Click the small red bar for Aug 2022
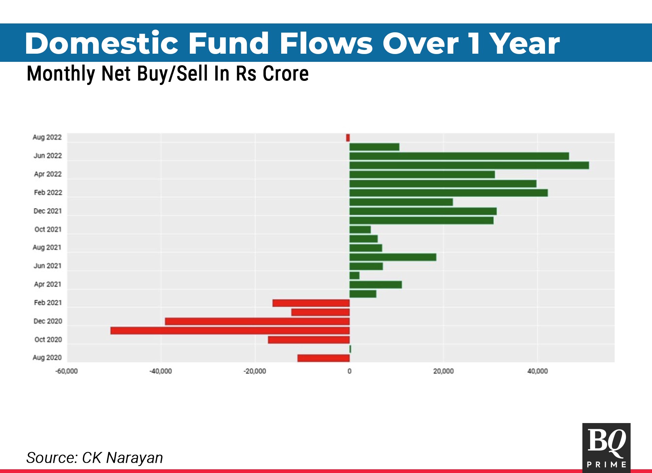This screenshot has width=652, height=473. click(348, 138)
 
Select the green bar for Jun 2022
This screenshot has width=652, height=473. click(459, 156)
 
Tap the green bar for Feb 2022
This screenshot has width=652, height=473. click(449, 193)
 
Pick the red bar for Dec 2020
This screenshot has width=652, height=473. click(257, 321)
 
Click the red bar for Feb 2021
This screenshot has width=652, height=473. click(311, 303)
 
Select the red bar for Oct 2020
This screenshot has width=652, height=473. click(309, 340)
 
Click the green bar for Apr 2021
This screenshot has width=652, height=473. click(376, 285)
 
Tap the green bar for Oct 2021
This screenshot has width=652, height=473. click(360, 230)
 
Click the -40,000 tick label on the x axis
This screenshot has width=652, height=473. click(161, 371)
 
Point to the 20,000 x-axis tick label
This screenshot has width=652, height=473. click(443, 371)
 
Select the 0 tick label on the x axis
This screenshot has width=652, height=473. click(349, 371)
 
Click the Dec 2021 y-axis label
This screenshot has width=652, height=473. click(48, 211)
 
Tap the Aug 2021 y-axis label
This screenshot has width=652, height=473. click(47, 247)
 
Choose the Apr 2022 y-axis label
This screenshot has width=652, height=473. click(48, 174)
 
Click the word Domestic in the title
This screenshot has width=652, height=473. click(102, 43)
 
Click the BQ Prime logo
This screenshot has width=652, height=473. click(606, 448)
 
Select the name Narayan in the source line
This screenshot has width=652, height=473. click(134, 458)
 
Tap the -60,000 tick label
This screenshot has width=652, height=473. click(67, 371)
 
